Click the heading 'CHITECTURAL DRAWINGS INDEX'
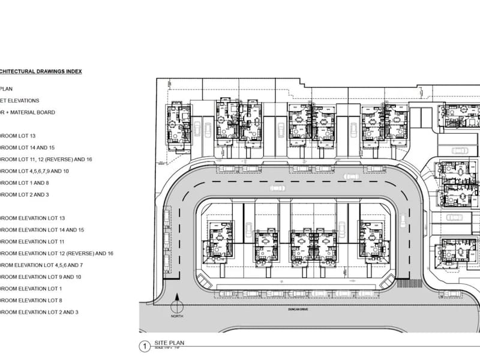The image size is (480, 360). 41,71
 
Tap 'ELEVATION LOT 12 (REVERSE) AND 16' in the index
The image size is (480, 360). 56,253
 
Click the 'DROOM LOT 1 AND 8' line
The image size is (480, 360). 29,182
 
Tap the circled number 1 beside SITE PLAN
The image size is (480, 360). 143,346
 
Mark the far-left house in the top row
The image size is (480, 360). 178,124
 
